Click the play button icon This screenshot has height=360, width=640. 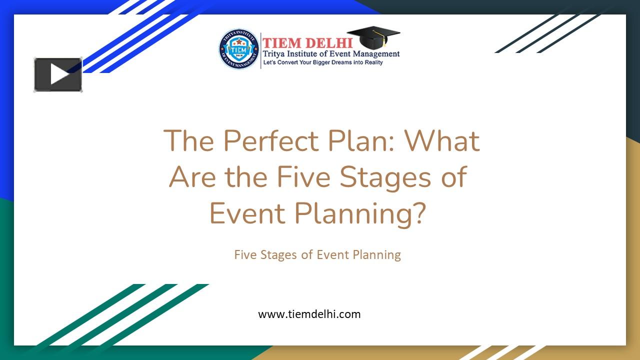click(58, 74)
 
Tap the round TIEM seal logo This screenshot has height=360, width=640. click(239, 49)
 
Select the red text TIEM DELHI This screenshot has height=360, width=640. click(307, 43)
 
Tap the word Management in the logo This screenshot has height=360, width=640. click(375, 54)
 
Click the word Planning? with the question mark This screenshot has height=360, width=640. click(360, 213)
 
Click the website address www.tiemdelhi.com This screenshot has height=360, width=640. click(309, 314)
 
